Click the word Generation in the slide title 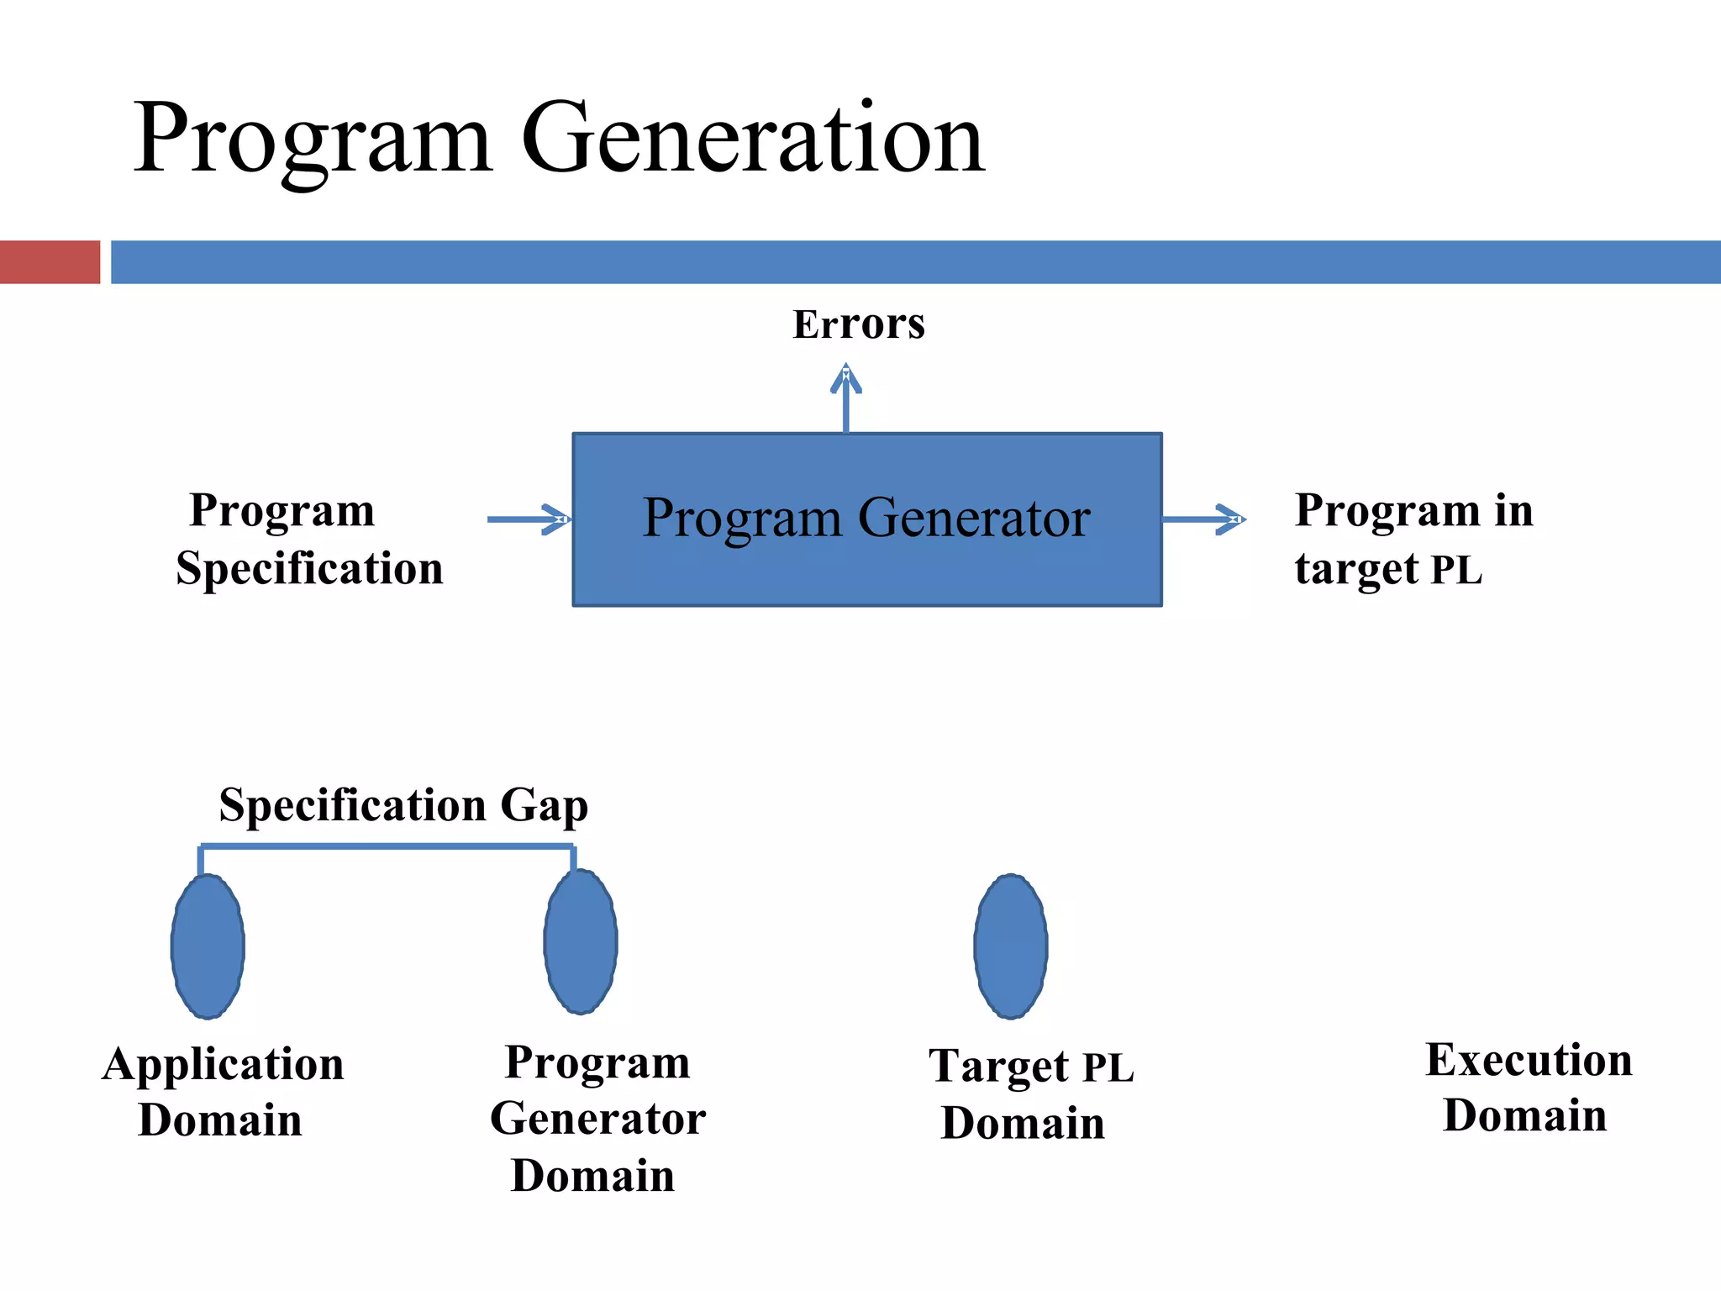tap(752, 139)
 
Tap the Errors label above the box tap(858, 324)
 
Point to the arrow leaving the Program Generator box tap(1203, 519)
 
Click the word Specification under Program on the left tap(309, 569)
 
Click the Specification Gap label tap(403, 805)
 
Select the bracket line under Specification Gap tap(387, 846)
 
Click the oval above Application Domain tap(208, 946)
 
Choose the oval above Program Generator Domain tap(580, 941)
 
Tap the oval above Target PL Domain tap(1011, 946)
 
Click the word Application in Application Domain tap(224, 1065)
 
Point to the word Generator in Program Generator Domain tap(597, 1120)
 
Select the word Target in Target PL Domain tap(998, 1067)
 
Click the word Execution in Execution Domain tap(1529, 1060)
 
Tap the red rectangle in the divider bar tap(50, 262)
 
